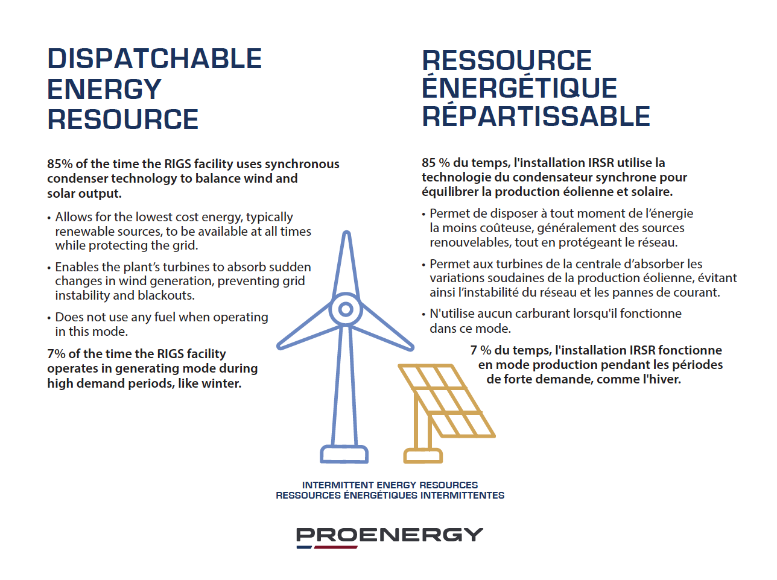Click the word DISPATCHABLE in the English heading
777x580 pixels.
point(154,58)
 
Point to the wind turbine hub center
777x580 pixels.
point(346,309)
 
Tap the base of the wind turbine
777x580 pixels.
point(344,454)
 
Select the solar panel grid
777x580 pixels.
point(447,401)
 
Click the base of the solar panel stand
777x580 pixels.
point(423,456)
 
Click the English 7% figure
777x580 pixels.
point(56,354)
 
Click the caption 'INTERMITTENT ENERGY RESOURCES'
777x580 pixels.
point(390,485)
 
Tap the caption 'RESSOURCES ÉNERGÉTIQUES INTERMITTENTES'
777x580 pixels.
point(390,495)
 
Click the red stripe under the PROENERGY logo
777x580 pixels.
point(335,547)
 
